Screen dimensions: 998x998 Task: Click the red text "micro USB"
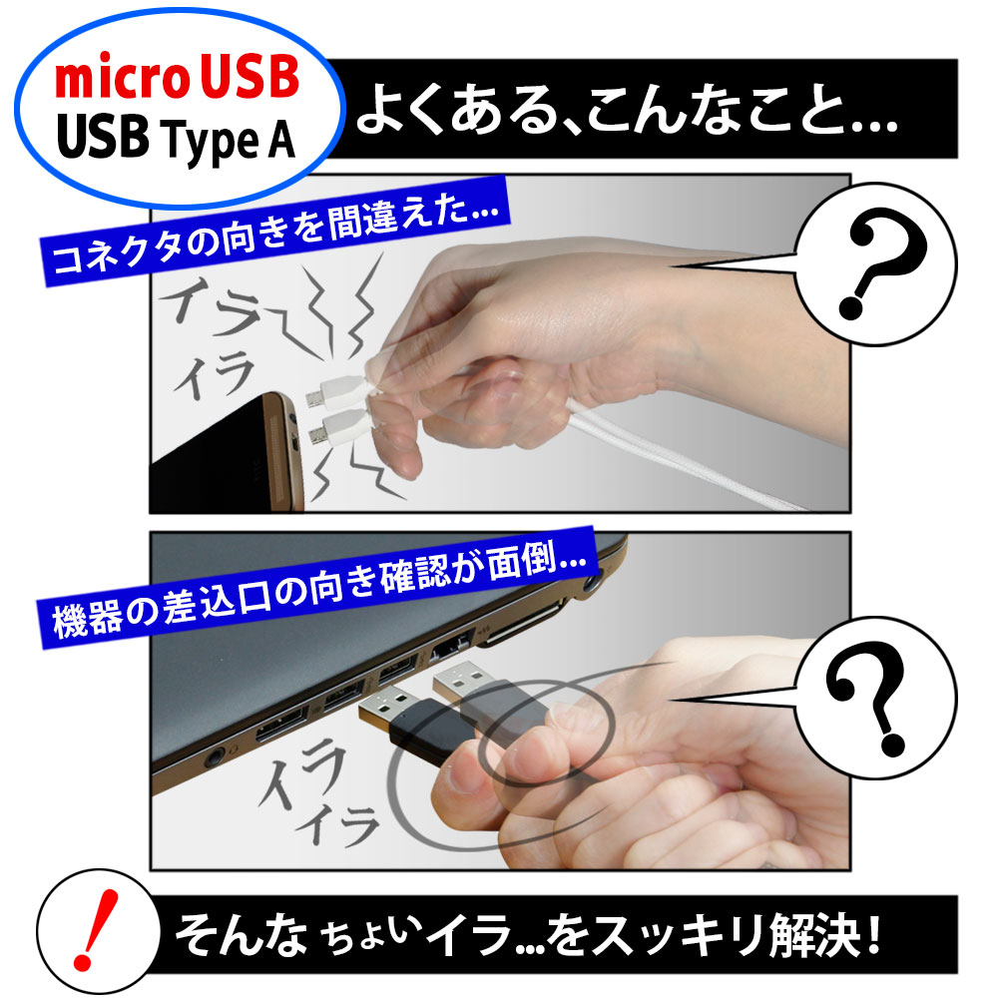pyautogui.click(x=177, y=77)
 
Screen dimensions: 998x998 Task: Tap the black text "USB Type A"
pyautogui.click(x=177, y=139)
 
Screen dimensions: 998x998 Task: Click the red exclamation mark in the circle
pyautogui.click(x=95, y=929)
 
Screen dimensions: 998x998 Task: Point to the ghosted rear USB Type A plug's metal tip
pyautogui.click(x=458, y=681)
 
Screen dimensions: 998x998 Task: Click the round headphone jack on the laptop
pyautogui.click(x=215, y=758)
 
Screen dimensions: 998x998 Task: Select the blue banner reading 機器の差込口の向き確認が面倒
pyautogui.click(x=317, y=587)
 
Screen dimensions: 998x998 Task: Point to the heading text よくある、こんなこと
pyautogui.click(x=627, y=110)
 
